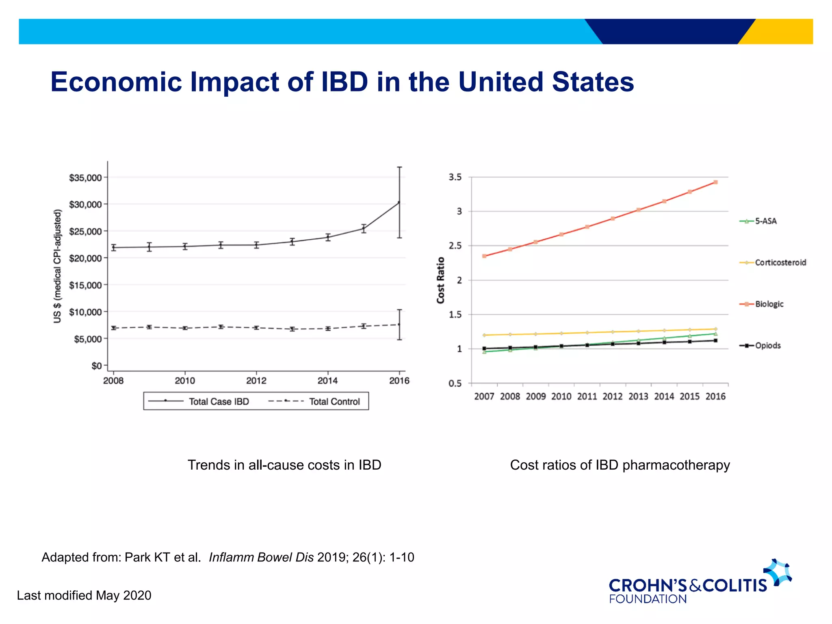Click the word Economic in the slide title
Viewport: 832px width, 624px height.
point(116,82)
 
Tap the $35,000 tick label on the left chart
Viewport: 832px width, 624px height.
point(85,178)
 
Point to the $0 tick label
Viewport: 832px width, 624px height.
point(96,366)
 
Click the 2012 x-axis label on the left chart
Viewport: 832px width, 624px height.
point(256,381)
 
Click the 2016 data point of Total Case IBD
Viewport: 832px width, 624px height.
point(399,202)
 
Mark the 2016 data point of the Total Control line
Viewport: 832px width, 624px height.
point(399,324)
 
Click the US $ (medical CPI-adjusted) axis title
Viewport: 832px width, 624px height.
point(58,266)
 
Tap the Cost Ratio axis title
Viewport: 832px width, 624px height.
point(441,280)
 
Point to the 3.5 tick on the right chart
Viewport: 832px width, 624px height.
point(455,177)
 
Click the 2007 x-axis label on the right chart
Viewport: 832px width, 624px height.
point(484,396)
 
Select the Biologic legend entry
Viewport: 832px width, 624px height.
point(769,304)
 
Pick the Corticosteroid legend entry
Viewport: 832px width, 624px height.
point(780,262)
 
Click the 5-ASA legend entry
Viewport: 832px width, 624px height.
point(765,221)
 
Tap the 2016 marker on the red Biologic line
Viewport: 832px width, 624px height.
point(715,182)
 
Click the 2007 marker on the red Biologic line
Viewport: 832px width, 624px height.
point(484,256)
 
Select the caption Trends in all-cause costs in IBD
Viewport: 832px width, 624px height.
point(284,465)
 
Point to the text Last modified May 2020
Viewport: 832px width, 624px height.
point(84,595)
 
